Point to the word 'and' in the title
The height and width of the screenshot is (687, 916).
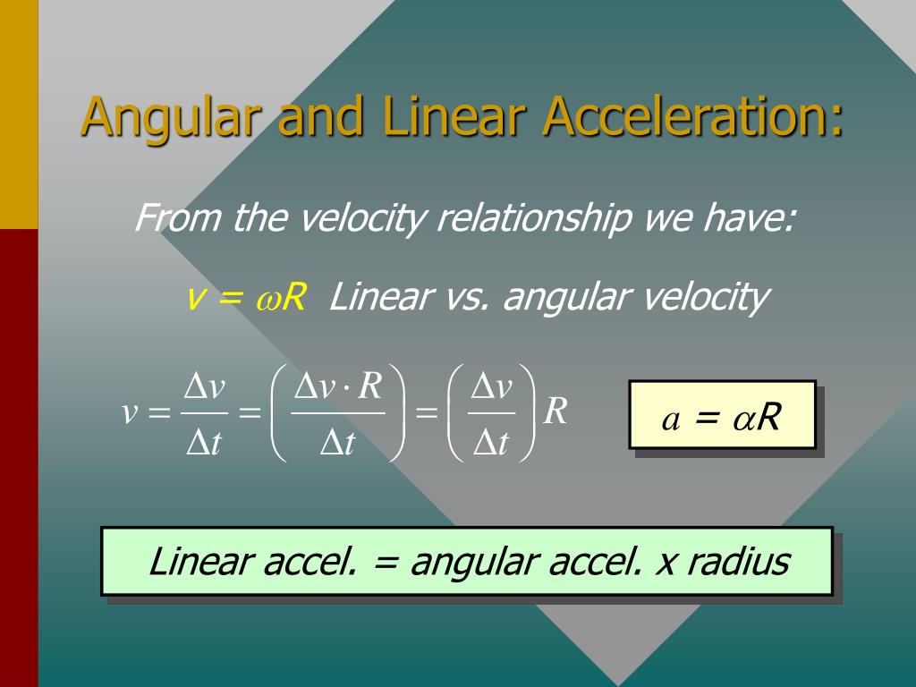point(321,116)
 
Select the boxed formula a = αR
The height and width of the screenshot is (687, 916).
point(721,414)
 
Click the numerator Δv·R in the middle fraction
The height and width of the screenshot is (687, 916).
point(338,387)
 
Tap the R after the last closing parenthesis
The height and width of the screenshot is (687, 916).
point(556,411)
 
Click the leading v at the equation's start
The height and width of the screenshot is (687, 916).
point(130,412)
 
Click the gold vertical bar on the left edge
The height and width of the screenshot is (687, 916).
point(19,114)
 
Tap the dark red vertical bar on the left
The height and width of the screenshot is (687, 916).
point(19,456)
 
